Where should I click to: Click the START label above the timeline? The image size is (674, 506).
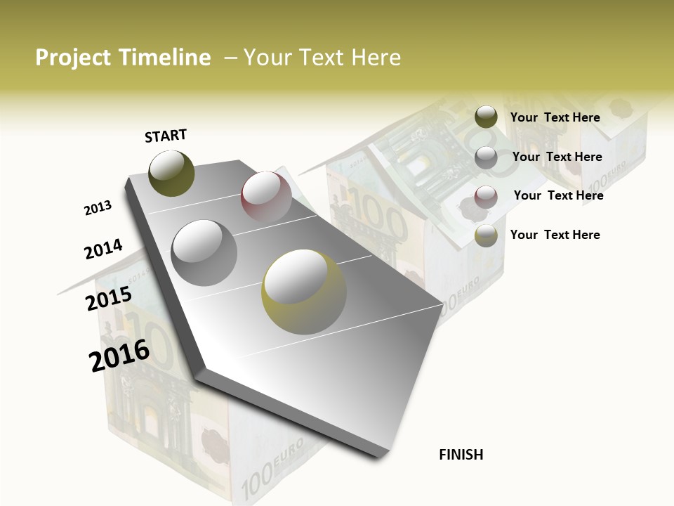point(166,136)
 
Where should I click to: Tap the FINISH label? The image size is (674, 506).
point(461,455)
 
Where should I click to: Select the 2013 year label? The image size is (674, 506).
point(98,208)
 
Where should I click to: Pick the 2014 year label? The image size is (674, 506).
point(103,249)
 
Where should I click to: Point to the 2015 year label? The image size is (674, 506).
point(109,299)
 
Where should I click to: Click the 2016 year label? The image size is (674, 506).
point(119,356)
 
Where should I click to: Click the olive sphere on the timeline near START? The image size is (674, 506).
point(171,173)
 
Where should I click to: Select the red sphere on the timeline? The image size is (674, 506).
point(266,196)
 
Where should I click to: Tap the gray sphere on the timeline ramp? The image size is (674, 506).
point(204,252)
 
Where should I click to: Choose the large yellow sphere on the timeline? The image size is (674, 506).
point(303,292)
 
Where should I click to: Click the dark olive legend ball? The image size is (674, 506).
point(486,117)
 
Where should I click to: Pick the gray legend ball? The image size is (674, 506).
point(486,157)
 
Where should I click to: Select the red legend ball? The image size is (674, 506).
point(486,196)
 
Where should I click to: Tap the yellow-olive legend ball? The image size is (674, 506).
point(486,235)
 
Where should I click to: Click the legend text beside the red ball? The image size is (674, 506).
point(558,195)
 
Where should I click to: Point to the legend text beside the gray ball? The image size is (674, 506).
point(557,157)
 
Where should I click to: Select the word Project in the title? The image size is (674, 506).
point(72,58)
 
